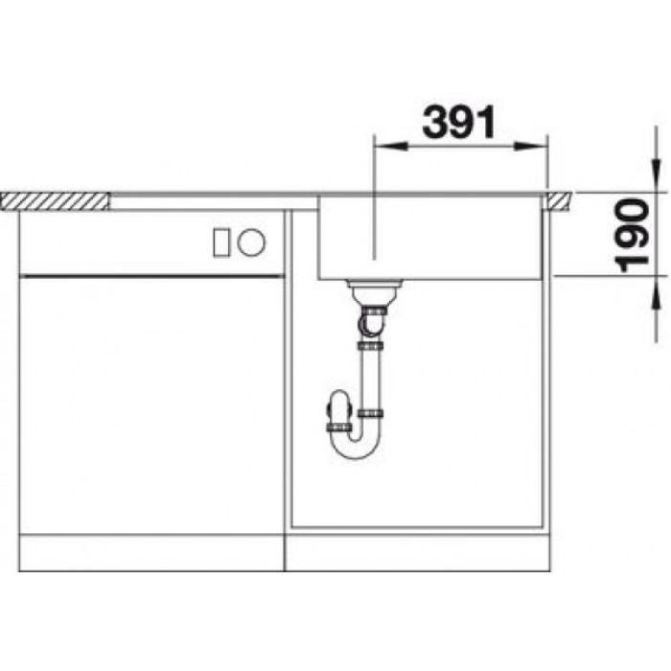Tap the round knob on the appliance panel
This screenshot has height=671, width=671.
click(x=252, y=242)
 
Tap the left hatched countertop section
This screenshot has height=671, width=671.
click(x=56, y=199)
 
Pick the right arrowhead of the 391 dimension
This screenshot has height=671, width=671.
click(x=536, y=147)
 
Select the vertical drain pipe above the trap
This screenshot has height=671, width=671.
click(x=369, y=374)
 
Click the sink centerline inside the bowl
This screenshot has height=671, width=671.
click(x=372, y=230)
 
